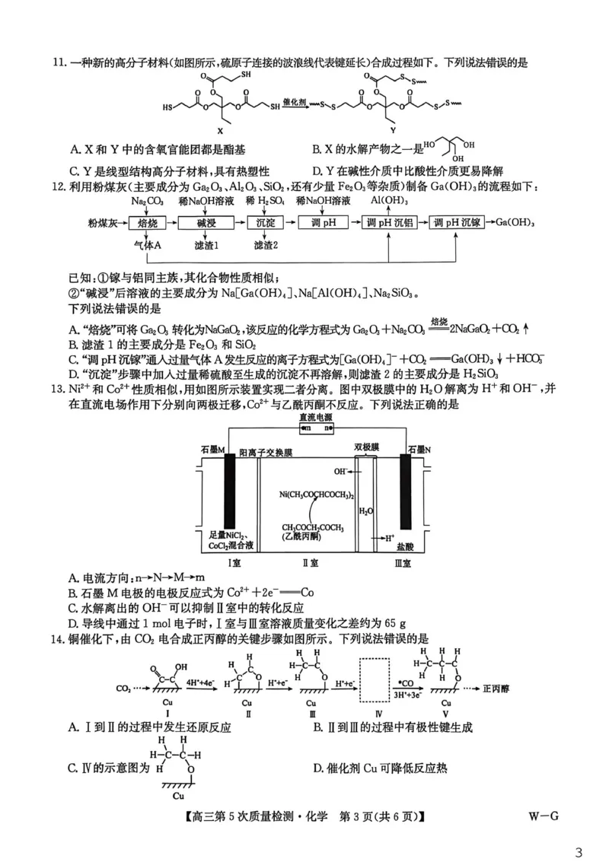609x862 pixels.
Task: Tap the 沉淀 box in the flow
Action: click(x=265, y=223)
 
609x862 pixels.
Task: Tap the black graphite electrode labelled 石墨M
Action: click(x=228, y=490)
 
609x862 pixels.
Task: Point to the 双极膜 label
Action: click(x=366, y=447)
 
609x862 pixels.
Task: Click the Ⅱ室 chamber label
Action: click(x=311, y=563)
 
